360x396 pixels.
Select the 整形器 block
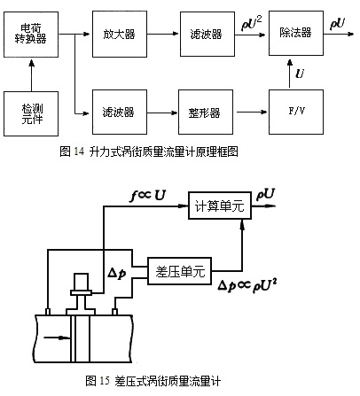[x=203, y=112]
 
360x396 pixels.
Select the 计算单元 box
[x=219, y=207]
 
